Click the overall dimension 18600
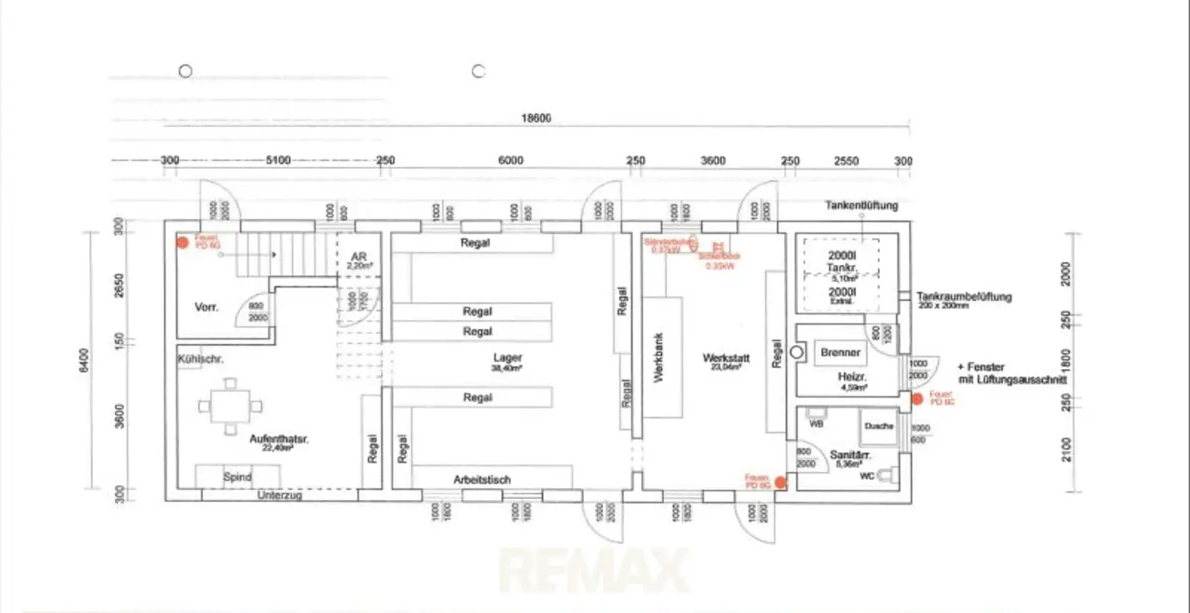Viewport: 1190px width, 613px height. (x=535, y=119)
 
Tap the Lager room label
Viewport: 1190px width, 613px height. (x=507, y=358)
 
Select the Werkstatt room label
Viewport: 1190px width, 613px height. (x=726, y=358)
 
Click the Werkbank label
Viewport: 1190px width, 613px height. (x=659, y=358)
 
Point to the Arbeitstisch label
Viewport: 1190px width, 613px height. (x=482, y=480)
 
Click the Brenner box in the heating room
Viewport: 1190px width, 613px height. (x=841, y=353)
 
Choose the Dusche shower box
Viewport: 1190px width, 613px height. (x=879, y=427)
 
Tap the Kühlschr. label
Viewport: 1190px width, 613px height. (x=200, y=360)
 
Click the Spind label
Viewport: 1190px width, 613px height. (x=237, y=477)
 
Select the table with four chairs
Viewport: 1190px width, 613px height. (x=230, y=406)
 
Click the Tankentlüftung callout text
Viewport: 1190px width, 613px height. (x=862, y=205)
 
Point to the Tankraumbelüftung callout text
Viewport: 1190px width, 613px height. (x=964, y=297)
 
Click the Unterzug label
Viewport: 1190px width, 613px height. (x=279, y=495)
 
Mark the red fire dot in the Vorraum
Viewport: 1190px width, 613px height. (x=183, y=243)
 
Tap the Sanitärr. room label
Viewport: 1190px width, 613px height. (x=850, y=455)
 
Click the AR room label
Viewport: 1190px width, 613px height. (x=359, y=257)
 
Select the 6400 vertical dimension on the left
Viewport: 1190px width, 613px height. (x=84, y=360)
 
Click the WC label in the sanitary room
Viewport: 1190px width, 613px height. (x=867, y=476)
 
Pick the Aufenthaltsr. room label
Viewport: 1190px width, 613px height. (x=279, y=439)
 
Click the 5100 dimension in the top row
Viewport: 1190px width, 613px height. (x=278, y=160)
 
